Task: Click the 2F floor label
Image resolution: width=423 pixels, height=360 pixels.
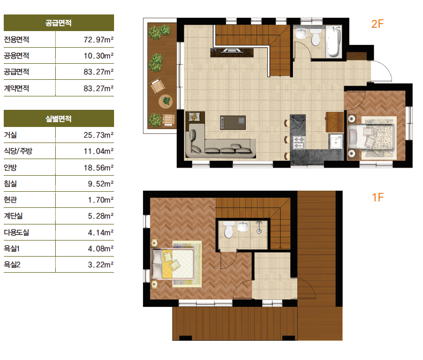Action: point(377,24)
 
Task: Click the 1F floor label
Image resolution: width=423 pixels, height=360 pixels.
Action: point(377,198)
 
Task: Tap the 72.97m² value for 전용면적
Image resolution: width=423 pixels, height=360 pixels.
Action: point(99,40)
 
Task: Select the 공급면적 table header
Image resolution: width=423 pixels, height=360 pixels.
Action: point(58,23)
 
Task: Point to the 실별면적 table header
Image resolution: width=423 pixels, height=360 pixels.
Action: point(58,118)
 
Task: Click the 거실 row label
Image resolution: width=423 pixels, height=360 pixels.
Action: point(11,135)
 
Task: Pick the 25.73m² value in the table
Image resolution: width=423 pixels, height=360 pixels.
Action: point(99,135)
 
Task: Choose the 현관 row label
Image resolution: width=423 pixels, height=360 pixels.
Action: point(11,200)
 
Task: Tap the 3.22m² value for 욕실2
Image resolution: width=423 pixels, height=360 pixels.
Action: point(101,265)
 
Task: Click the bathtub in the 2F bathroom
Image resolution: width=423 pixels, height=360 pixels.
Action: point(334,42)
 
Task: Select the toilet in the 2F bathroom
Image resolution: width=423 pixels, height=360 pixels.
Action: point(315,37)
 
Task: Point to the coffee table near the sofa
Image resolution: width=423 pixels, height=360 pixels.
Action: point(233,123)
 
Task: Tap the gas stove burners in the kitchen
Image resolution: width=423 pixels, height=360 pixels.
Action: point(299,142)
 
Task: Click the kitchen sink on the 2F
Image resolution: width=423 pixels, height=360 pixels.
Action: point(336,141)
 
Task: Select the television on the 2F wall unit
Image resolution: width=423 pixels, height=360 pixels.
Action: point(232,50)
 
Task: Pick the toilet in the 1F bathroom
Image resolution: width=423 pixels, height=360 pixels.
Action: point(229,229)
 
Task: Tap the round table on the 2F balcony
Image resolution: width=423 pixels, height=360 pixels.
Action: point(165,101)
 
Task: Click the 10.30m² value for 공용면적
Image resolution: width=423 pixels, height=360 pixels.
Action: point(99,56)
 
